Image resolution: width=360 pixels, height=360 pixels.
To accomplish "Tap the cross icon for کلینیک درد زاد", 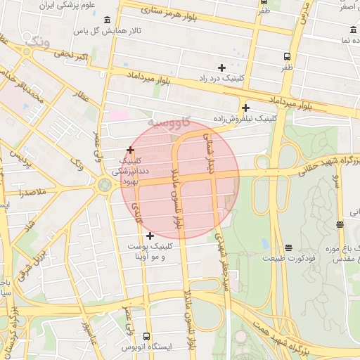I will [221, 68].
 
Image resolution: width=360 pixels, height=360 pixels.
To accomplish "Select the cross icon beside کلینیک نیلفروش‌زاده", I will [245, 108].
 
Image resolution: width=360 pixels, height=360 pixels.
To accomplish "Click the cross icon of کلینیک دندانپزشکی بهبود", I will [130, 150].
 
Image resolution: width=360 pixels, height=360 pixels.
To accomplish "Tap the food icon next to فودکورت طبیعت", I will [288, 247].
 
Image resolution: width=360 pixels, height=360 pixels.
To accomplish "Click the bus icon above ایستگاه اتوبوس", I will [146, 336].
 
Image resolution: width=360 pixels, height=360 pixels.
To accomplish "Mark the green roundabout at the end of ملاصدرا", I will [105, 185].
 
